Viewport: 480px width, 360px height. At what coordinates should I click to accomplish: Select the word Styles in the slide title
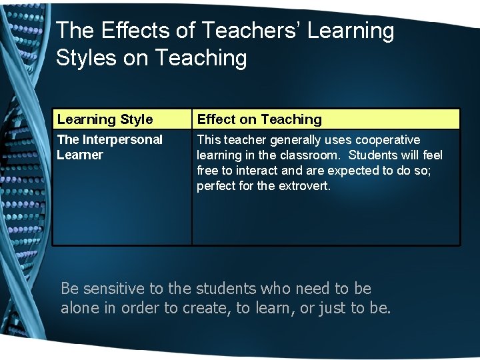click(86, 58)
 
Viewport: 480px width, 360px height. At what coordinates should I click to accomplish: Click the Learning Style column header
click(105, 119)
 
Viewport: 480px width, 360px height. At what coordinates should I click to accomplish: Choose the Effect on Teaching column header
click(259, 119)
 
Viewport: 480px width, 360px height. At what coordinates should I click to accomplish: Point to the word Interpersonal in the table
click(123, 140)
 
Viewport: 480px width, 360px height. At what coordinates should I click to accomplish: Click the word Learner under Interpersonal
click(80, 155)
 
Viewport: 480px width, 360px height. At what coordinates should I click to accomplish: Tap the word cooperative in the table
click(388, 140)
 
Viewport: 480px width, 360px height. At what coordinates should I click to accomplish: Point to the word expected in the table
click(351, 171)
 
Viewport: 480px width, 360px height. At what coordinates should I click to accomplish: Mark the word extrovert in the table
click(303, 186)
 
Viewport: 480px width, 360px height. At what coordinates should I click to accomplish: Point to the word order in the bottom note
click(141, 309)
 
